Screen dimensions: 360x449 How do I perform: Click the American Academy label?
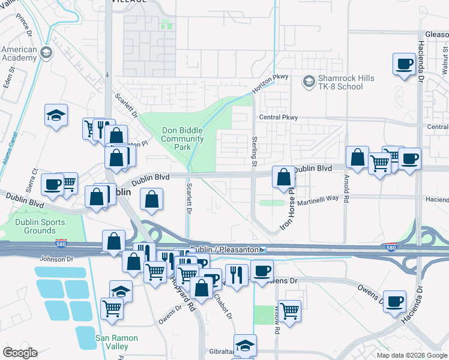click(x=19, y=54)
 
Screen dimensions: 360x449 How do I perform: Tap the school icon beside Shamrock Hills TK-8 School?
click(x=309, y=80)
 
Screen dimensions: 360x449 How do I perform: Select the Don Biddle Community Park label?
click(x=183, y=139)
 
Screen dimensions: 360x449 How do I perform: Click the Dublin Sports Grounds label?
click(x=32, y=226)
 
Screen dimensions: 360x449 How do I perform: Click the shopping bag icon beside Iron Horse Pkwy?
click(x=283, y=177)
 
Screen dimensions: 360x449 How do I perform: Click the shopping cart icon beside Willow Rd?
click(x=289, y=311)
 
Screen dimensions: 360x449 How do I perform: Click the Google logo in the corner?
click(x=20, y=353)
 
